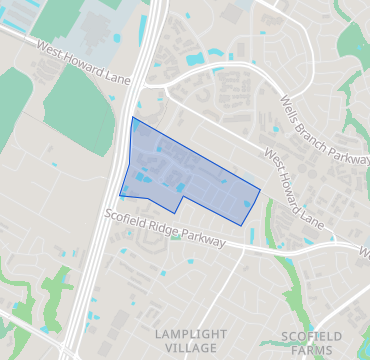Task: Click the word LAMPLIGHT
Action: click(185, 332)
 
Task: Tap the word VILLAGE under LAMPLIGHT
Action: click(185, 347)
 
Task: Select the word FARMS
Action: click(306, 350)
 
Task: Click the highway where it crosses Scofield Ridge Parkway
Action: click(105, 214)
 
